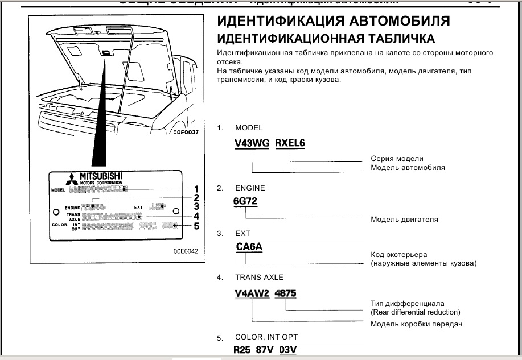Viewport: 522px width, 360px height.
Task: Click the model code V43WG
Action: tap(252, 144)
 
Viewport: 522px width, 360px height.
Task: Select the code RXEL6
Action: tap(290, 144)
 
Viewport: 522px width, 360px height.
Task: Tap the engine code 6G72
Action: tap(245, 201)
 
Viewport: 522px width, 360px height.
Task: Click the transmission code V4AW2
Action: tap(252, 293)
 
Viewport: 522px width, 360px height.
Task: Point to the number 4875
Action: tap(285, 293)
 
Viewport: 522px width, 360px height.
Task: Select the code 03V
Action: tap(289, 350)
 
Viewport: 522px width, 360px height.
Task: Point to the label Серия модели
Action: tap(397, 159)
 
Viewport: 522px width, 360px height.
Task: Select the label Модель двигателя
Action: tap(404, 219)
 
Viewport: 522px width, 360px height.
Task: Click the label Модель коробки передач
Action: tap(416, 324)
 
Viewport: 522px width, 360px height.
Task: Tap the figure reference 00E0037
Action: tap(184, 131)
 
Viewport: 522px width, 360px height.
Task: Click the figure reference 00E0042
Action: tap(186, 251)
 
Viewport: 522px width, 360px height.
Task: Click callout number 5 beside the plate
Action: tap(196, 226)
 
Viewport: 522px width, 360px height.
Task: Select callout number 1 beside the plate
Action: tap(196, 189)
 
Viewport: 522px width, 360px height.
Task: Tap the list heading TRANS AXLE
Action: tap(259, 278)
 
